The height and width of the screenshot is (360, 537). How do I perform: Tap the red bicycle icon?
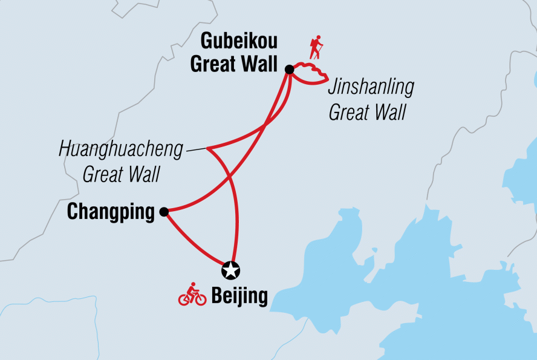192,295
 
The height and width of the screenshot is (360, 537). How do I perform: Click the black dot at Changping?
163,212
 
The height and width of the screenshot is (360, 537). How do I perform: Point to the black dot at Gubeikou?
289,70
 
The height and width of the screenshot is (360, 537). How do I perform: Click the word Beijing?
239,296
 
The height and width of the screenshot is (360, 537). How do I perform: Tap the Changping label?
111,212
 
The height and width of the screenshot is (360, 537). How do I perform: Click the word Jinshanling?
371,88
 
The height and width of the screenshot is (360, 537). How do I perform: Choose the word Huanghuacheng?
121,149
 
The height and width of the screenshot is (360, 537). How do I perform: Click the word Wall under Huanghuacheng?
144,175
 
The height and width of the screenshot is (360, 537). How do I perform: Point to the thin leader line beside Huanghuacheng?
195,149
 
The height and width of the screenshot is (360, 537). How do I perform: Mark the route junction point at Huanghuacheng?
207,148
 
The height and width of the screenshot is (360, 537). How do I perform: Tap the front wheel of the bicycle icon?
200,299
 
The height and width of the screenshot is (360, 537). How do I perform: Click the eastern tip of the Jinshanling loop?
327,79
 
